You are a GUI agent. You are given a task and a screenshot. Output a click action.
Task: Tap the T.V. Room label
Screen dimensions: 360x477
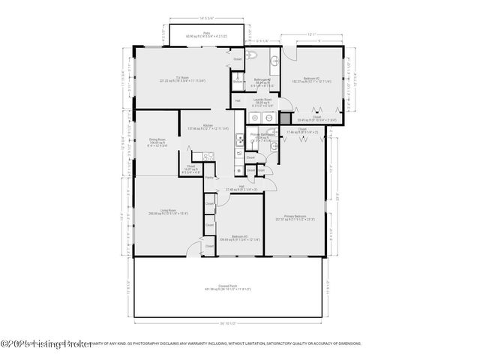click(x=181, y=78)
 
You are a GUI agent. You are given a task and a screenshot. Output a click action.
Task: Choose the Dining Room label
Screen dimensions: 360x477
click(x=157, y=139)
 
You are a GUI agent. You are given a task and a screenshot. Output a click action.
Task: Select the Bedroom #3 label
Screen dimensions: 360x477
click(x=239, y=236)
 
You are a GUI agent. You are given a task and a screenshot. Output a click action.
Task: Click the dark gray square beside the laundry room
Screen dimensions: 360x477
click(x=285, y=118)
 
